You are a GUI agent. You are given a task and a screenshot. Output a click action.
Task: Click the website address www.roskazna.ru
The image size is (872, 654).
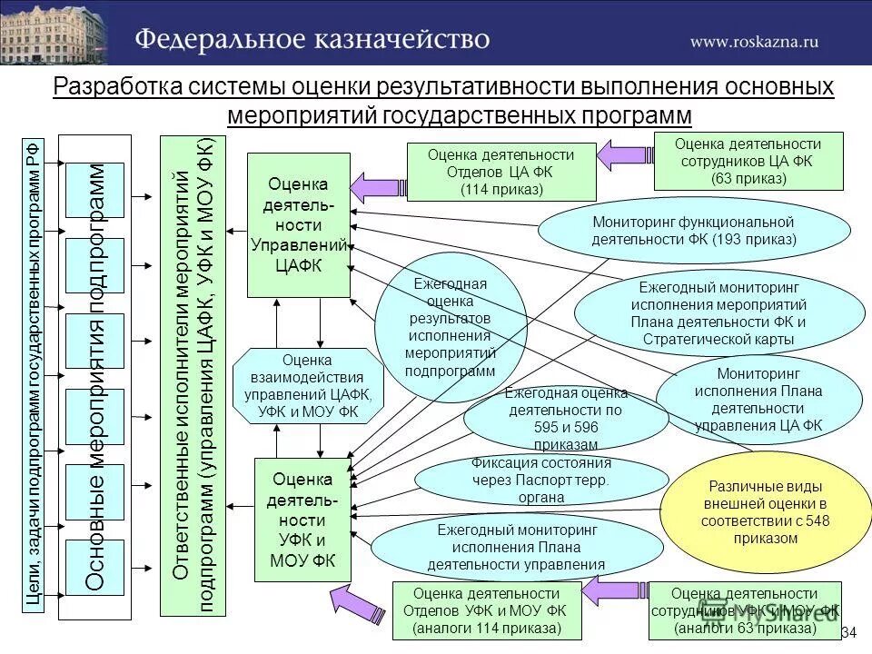click(754, 41)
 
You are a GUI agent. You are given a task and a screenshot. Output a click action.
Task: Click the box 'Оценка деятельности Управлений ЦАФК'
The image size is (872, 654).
click(299, 224)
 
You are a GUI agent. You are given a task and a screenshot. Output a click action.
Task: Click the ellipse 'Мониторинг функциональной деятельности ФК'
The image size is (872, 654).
click(693, 231)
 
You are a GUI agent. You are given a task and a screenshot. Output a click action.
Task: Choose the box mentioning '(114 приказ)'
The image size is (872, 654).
click(501, 172)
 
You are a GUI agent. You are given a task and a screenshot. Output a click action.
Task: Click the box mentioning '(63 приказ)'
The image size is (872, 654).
click(748, 160)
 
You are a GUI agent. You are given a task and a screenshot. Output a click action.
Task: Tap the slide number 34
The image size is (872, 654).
click(849, 632)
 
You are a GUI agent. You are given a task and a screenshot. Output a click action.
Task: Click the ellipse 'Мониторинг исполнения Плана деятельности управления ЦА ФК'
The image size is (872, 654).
click(758, 399)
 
